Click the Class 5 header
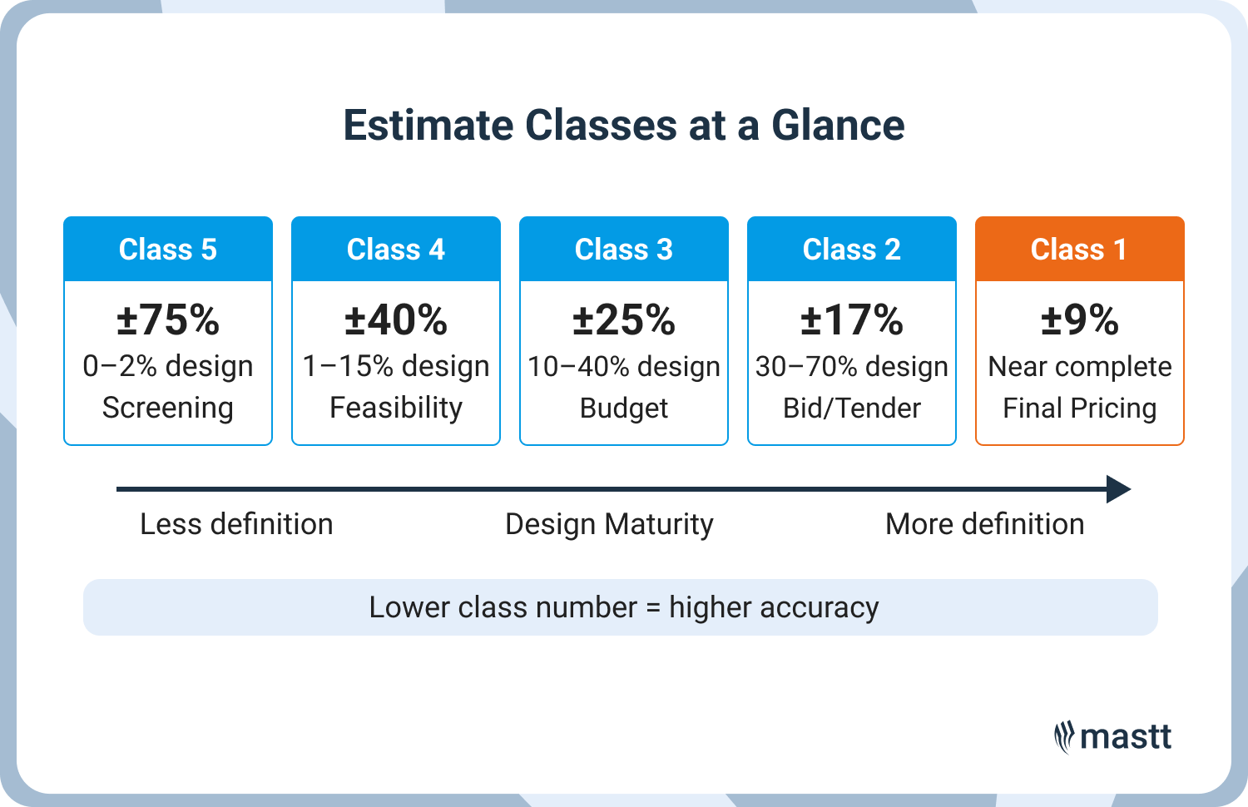point(168,250)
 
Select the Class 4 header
point(396,250)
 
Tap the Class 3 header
point(624,250)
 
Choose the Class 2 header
point(852,250)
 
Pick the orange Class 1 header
point(1079,250)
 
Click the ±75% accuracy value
point(168,319)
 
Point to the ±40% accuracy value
point(396,319)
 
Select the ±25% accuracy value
point(624,319)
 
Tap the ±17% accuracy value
point(852,319)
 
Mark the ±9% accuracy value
point(1079,319)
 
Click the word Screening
point(168,408)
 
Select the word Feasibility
point(396,408)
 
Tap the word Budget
point(624,408)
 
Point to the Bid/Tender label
point(852,408)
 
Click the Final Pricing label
point(1079,408)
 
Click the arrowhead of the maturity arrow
point(1119,489)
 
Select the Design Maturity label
point(609,525)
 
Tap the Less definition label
point(236,524)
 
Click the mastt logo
point(1112,737)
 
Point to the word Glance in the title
point(838,126)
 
